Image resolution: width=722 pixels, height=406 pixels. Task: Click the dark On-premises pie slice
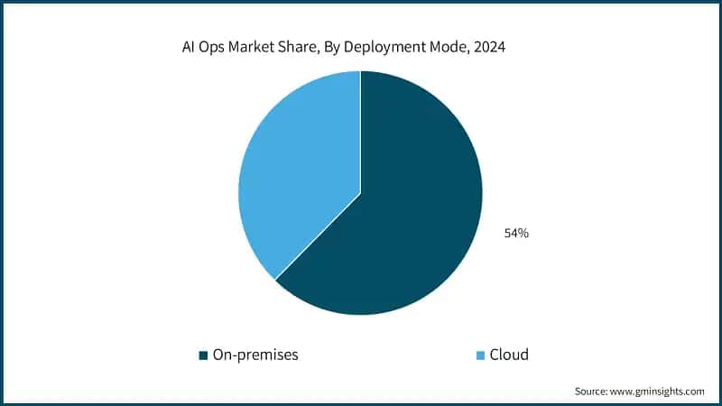406,217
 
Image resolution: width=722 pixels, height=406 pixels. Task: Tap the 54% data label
516,234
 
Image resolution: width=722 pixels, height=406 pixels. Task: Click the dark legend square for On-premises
202,355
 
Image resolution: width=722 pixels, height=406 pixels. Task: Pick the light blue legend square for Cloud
480,355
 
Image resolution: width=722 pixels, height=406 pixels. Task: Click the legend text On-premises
255,355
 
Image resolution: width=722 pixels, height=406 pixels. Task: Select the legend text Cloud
509,355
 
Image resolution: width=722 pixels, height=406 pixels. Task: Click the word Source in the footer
592,391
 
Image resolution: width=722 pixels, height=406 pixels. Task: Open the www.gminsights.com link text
660,391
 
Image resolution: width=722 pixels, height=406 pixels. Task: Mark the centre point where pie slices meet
361,193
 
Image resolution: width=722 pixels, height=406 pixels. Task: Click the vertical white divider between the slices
361,132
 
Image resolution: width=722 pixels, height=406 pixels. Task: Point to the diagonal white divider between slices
318,236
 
